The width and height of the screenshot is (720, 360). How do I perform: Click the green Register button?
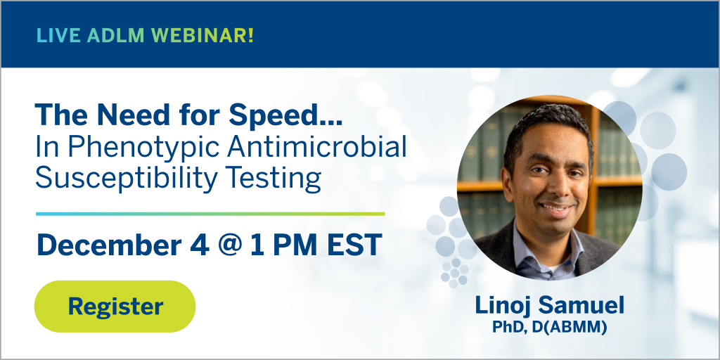(x=115, y=307)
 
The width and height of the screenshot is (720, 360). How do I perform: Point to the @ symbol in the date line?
(x=233, y=245)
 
